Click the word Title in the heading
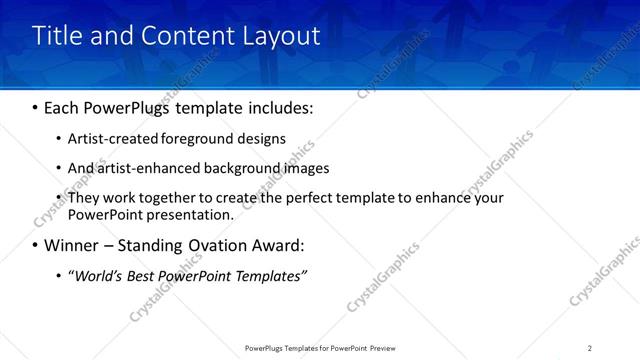click(58, 36)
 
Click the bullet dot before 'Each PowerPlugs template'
click(36, 106)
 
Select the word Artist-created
click(110, 138)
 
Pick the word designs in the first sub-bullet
click(261, 138)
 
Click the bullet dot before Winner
click(36, 245)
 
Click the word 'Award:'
click(279, 245)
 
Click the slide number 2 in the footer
click(590, 348)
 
